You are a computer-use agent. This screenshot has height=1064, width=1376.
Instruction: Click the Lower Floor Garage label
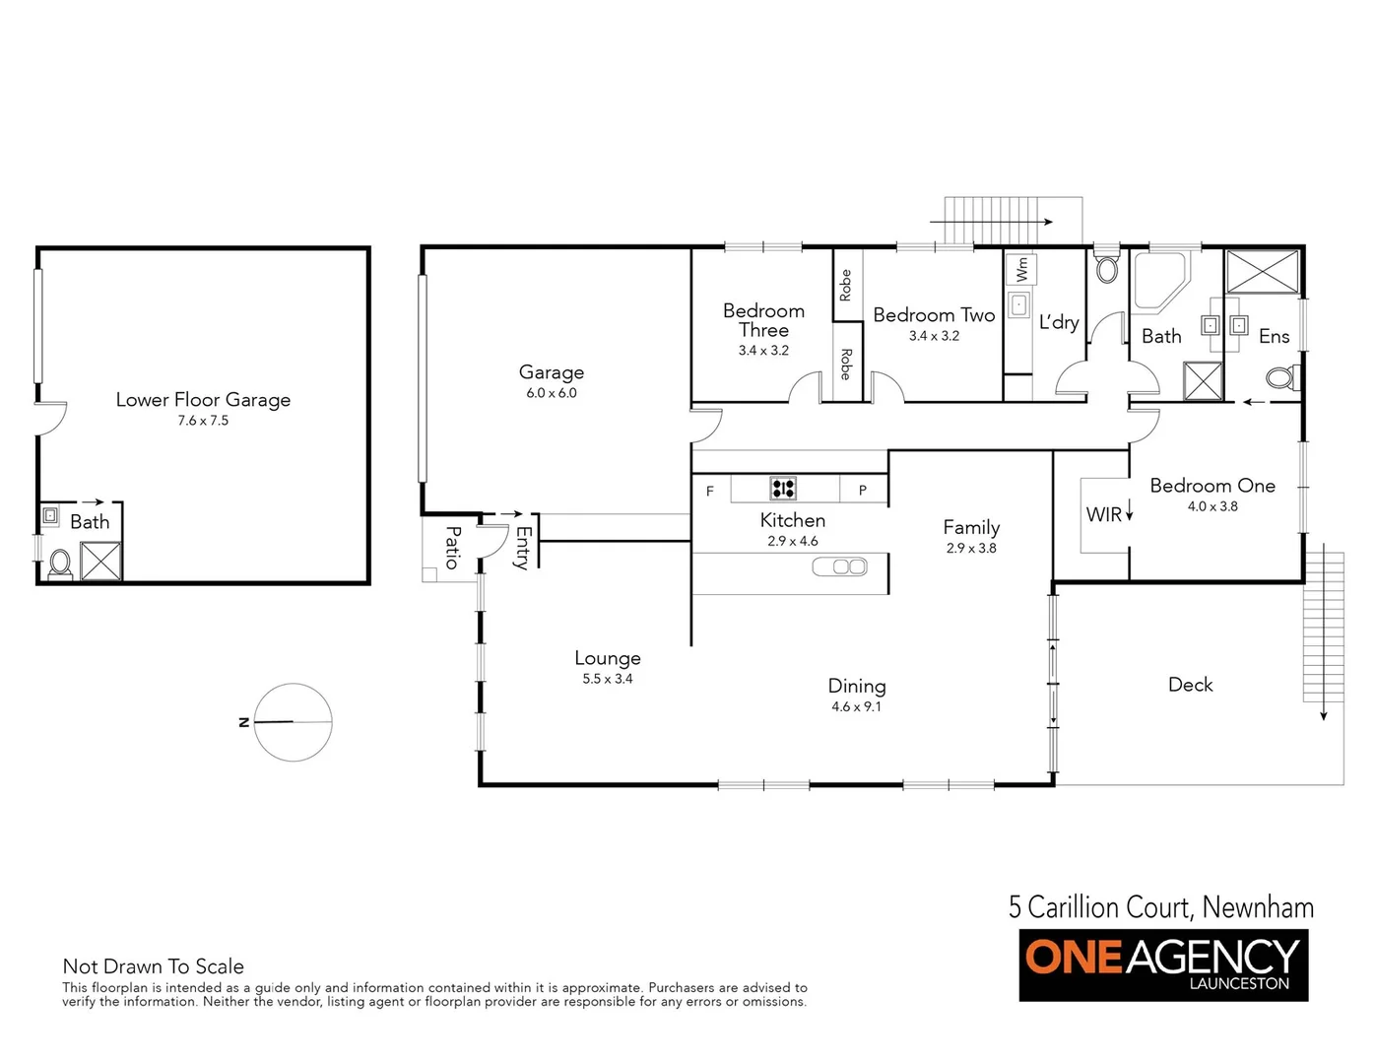tap(203, 399)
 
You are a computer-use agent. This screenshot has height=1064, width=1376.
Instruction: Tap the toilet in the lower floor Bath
tap(60, 563)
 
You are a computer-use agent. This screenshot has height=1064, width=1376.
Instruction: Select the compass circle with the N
tap(293, 722)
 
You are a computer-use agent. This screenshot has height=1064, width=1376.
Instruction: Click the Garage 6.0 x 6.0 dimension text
tap(552, 393)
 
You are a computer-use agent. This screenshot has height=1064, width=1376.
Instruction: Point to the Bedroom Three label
tap(763, 320)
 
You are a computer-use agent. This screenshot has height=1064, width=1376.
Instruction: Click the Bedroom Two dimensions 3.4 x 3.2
tap(934, 336)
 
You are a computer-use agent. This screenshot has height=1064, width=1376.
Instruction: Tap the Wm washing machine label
tap(1021, 268)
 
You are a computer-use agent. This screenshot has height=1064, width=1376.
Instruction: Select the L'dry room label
tap(1059, 322)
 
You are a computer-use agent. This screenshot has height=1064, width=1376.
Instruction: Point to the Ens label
tap(1274, 337)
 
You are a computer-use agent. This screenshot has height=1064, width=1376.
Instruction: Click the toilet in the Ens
tap(1281, 377)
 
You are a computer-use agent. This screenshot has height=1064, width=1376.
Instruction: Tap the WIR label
tap(1103, 514)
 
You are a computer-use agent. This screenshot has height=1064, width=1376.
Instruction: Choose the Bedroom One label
tap(1212, 486)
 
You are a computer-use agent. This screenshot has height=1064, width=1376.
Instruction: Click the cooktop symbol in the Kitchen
tap(783, 488)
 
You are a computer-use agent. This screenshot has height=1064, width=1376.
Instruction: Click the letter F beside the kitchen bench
tap(709, 491)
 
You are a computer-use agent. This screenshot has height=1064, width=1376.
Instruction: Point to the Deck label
tap(1190, 685)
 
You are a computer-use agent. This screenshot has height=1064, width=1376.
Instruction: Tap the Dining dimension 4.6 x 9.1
tap(856, 707)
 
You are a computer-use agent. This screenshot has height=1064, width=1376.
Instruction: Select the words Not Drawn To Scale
tap(153, 966)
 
